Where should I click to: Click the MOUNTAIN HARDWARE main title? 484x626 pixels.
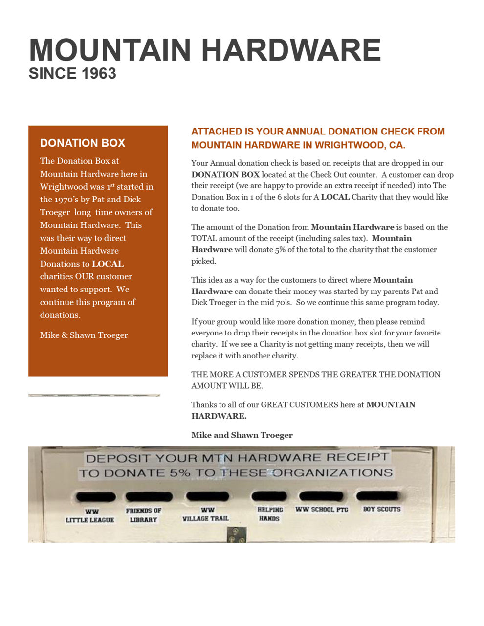(205, 50)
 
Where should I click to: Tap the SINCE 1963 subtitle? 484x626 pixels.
(72, 74)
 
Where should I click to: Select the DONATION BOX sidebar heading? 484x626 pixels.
(83, 143)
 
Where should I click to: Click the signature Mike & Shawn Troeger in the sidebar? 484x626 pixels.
(84, 335)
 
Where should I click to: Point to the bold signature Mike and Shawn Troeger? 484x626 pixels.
(242, 435)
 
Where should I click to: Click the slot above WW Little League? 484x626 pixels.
(96, 497)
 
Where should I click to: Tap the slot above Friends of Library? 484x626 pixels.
(149, 496)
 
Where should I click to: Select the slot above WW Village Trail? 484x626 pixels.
(207, 496)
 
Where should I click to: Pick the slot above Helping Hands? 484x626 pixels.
(269, 496)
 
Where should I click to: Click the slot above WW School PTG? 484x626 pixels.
(321, 496)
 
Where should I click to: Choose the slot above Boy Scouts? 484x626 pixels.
(377, 496)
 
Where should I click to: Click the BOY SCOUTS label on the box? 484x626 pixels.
(381, 509)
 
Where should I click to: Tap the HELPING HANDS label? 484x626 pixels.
(270, 514)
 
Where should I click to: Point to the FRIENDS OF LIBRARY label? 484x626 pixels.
(144, 515)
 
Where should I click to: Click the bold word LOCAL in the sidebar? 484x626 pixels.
(108, 264)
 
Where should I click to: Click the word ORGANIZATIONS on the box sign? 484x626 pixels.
(332, 473)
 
